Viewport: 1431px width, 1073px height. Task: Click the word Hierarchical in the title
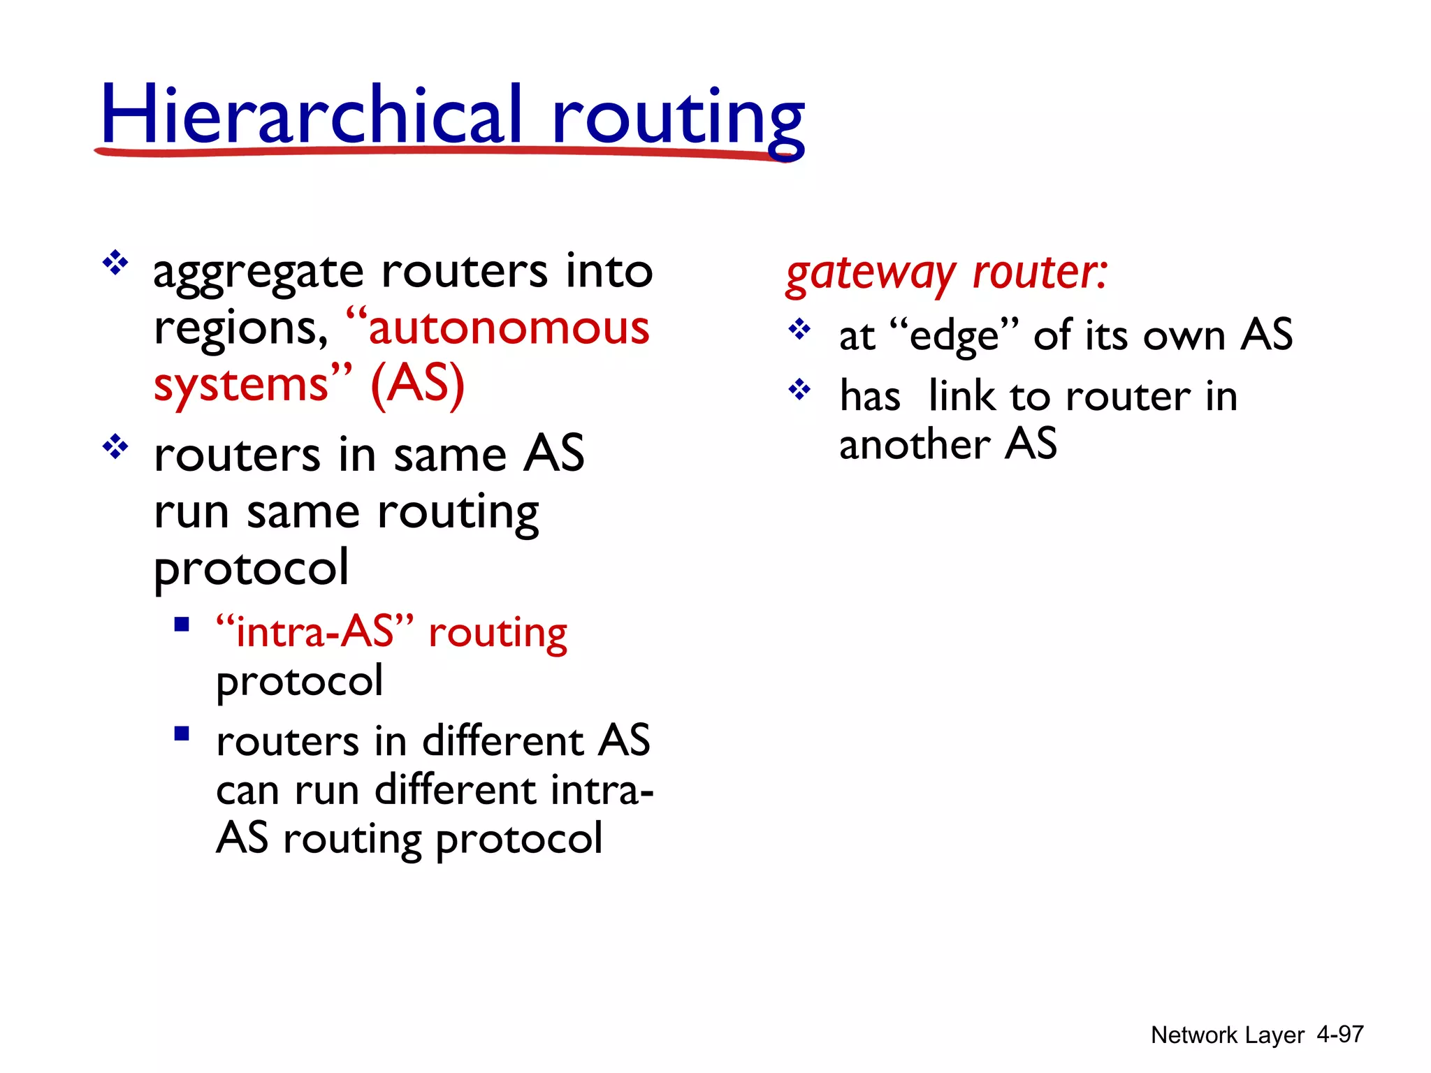tap(311, 115)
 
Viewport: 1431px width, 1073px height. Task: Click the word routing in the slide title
tap(678, 119)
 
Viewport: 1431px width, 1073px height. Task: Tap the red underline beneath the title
tap(447, 151)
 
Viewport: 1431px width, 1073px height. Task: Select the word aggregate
tap(259, 272)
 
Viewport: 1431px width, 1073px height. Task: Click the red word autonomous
tap(509, 328)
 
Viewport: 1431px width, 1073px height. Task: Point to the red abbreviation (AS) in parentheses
tap(418, 384)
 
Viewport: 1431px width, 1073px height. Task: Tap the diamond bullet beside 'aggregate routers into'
tap(115, 264)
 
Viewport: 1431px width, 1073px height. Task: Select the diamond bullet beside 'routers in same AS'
tap(115, 447)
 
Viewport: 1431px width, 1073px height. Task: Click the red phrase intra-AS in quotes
tap(315, 632)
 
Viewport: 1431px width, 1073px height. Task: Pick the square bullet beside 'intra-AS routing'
tap(182, 624)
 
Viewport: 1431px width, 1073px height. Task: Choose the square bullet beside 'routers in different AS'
tap(182, 733)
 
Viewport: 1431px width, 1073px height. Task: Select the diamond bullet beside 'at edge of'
tap(799, 328)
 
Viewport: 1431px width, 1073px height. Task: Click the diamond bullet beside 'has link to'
tap(799, 389)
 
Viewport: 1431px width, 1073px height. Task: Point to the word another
tap(915, 445)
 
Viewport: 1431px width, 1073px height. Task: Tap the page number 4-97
tap(1339, 1035)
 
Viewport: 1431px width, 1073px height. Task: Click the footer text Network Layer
tap(1227, 1035)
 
